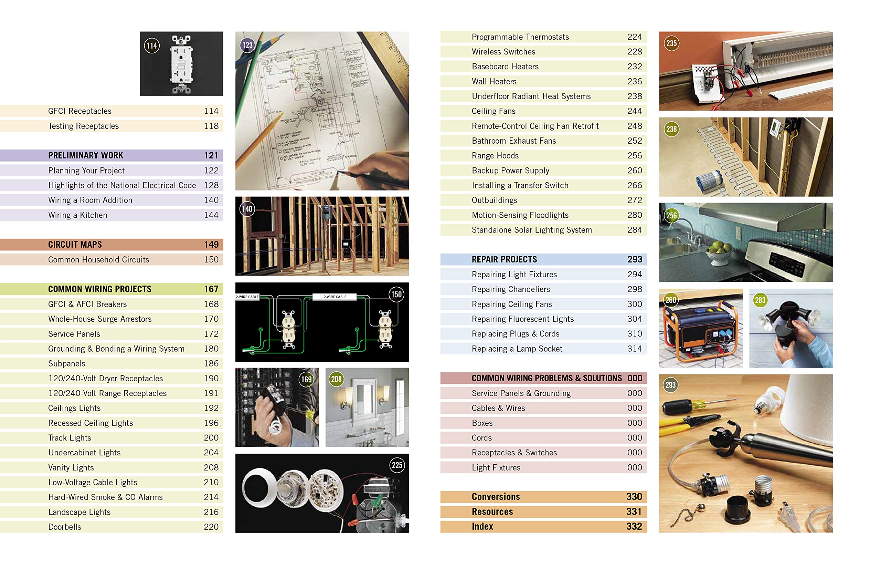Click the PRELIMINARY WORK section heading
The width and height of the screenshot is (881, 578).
click(x=85, y=155)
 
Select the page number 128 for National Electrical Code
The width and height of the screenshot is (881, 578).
click(x=211, y=185)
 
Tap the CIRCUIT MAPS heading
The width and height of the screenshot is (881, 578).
click(x=75, y=245)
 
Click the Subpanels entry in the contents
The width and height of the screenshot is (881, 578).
click(x=67, y=363)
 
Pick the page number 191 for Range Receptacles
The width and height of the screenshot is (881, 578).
click(x=211, y=393)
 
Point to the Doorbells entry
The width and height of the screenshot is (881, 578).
click(x=64, y=527)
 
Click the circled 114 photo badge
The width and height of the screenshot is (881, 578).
click(x=152, y=45)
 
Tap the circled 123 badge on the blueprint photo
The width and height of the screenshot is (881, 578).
click(x=247, y=45)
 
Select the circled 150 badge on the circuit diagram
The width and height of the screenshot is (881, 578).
click(x=396, y=295)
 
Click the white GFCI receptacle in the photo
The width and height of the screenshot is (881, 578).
click(x=181, y=64)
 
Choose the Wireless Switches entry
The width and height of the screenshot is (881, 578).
click(x=503, y=52)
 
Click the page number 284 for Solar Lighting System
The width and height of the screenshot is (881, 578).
click(x=635, y=230)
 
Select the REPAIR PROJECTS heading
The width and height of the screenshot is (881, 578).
click(x=504, y=259)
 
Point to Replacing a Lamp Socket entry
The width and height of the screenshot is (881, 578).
click(x=517, y=349)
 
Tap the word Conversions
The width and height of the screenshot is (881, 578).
click(x=496, y=497)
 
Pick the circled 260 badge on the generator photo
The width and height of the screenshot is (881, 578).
click(x=671, y=300)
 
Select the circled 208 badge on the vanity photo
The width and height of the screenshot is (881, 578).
click(x=336, y=379)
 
